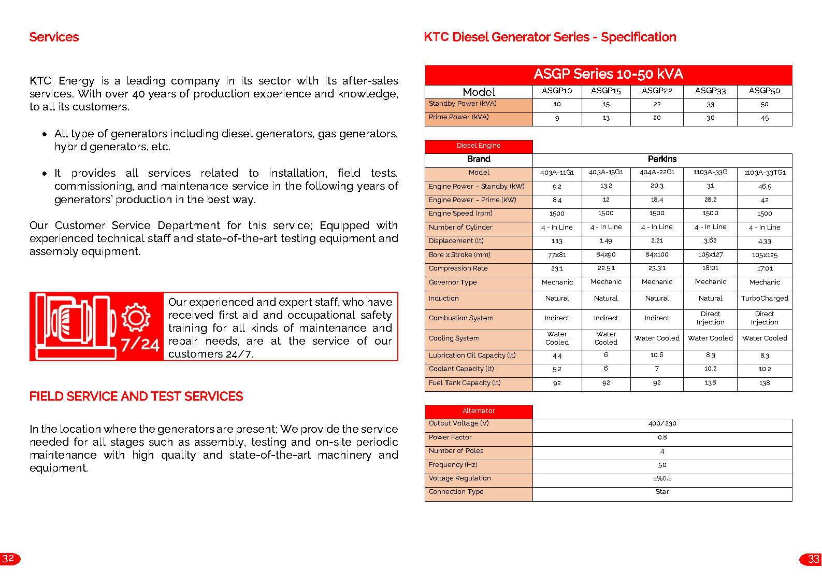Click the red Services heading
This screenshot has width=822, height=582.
[54, 37]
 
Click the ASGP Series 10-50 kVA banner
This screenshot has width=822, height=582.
[608, 74]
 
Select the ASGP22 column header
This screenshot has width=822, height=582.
[657, 91]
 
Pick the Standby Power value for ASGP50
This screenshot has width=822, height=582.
[765, 105]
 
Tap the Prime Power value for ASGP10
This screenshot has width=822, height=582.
[557, 118]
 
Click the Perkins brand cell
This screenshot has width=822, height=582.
[662, 159]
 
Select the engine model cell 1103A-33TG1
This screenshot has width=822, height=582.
[765, 173]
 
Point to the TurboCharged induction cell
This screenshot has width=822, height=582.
[765, 299]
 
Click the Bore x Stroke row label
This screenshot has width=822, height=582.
[459, 255]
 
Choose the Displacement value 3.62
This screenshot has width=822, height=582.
[710, 240]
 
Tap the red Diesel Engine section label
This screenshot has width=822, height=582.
[479, 146]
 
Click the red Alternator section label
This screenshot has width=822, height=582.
[479, 411]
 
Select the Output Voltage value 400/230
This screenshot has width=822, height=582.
[662, 424]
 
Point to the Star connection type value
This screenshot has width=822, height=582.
[662, 492]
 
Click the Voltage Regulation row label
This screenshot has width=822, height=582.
[460, 478]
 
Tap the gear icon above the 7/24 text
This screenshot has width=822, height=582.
[136, 317]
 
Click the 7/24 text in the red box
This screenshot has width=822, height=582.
[140, 345]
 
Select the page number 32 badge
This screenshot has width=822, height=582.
[9, 559]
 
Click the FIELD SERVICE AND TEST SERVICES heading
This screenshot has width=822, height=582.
[136, 396]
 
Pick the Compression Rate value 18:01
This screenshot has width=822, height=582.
[710, 268]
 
